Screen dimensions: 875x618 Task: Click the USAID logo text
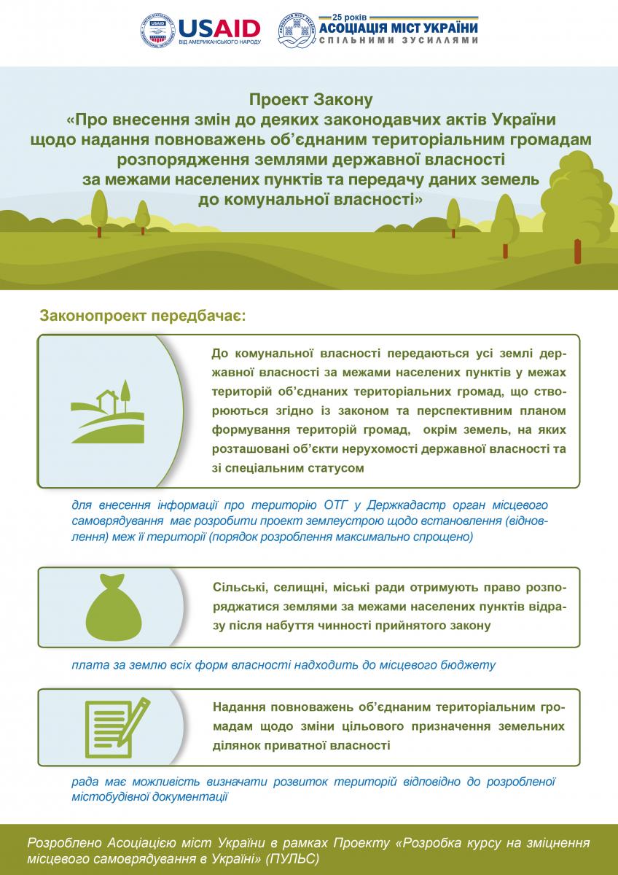(219, 28)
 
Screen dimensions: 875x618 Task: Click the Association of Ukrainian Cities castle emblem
(295, 31)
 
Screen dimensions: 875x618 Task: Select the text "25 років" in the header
(353, 16)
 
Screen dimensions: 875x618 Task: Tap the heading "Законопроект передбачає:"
(143, 317)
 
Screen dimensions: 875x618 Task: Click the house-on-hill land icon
(106, 412)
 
